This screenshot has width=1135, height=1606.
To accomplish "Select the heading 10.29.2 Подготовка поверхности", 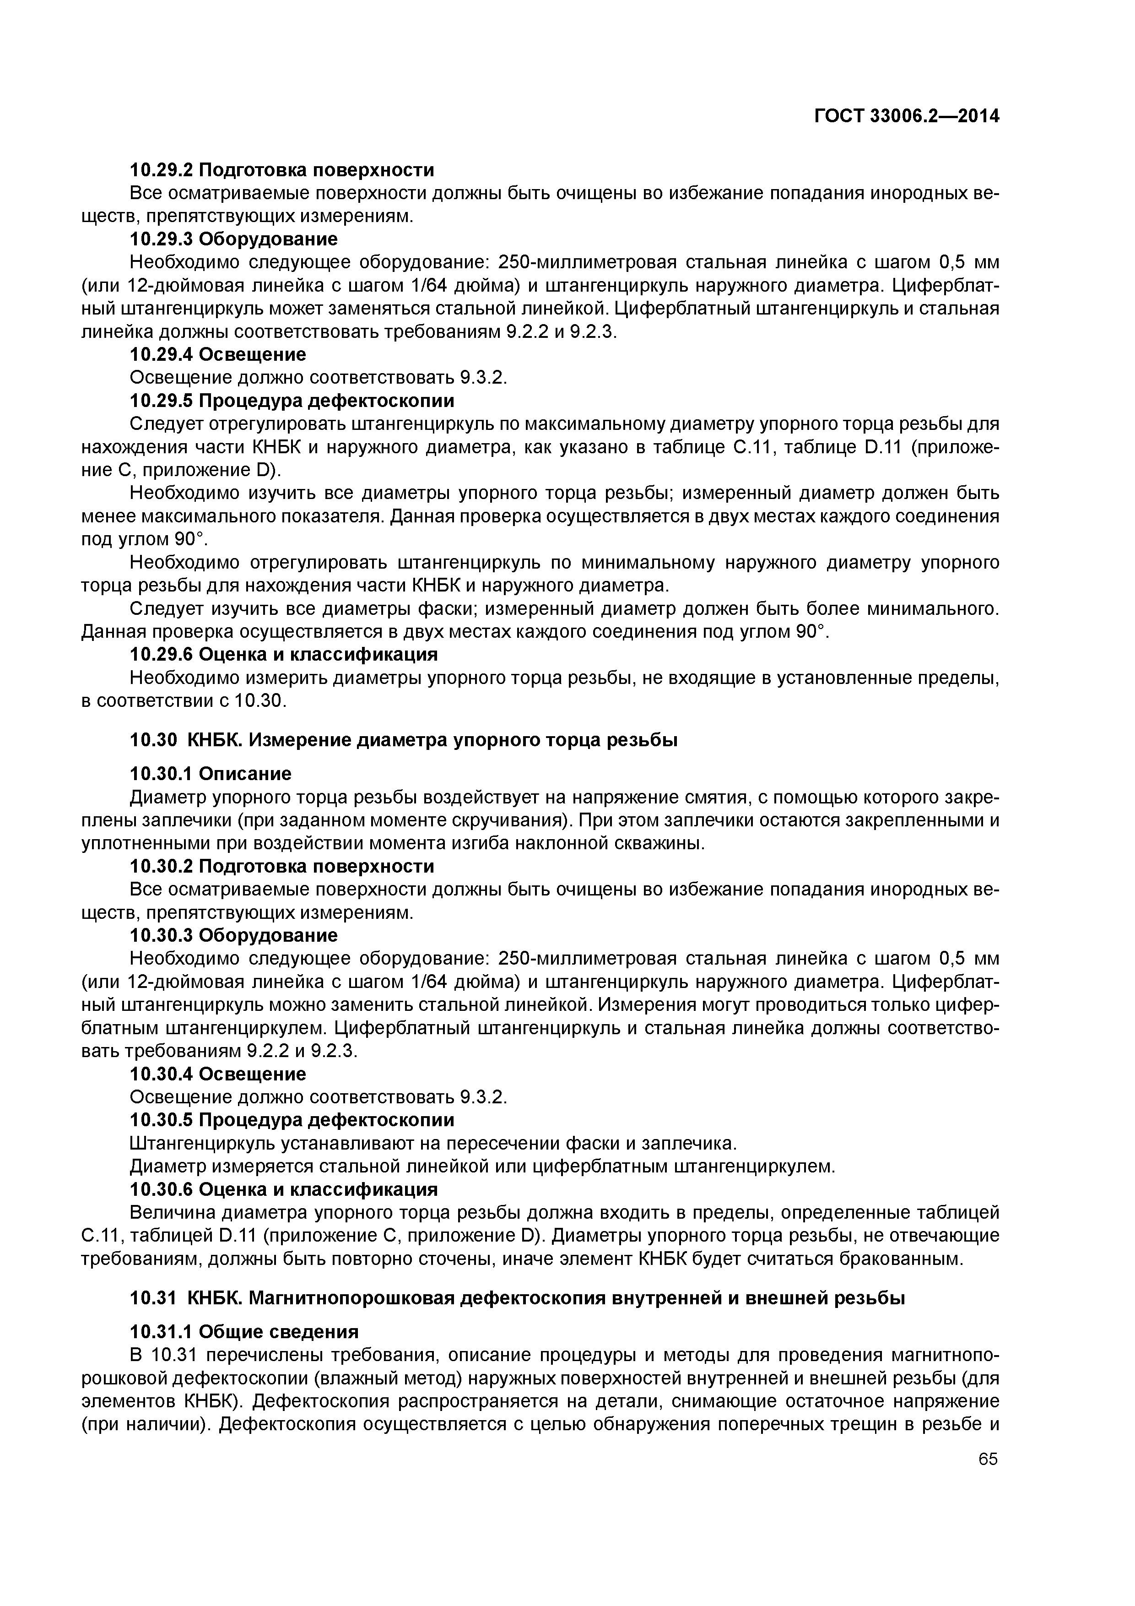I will pos(282,170).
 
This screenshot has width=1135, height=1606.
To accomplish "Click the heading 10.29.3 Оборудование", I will pos(233,239).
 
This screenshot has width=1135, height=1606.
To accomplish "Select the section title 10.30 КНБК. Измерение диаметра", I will pos(404,739).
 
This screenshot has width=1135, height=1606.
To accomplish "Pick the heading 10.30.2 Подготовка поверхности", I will pos(282,867).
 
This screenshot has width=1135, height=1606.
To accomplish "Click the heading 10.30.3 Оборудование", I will pos(233,935).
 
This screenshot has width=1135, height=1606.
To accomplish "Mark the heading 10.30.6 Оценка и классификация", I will pos(284,1189).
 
